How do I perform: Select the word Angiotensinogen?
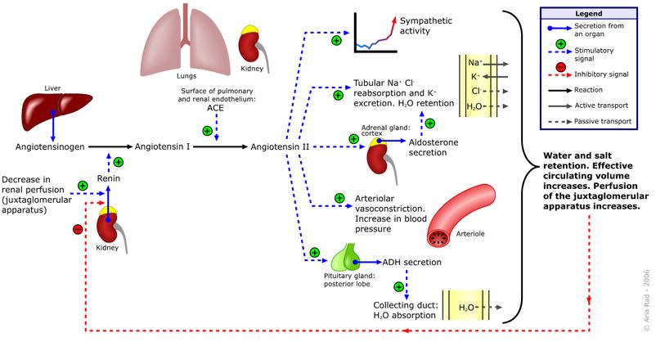50,147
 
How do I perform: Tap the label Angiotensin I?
162,146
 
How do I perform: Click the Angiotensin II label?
280,147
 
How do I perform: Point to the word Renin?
108,178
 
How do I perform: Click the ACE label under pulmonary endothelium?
215,108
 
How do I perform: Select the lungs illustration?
186,40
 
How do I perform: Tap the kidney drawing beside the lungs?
253,46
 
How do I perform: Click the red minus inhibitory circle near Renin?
78,229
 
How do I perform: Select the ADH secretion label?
411,263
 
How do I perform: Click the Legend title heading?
588,14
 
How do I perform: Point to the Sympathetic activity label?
426,25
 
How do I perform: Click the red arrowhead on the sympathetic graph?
393,20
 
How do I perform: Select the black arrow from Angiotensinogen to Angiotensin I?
110,147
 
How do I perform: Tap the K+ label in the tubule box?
476,77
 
